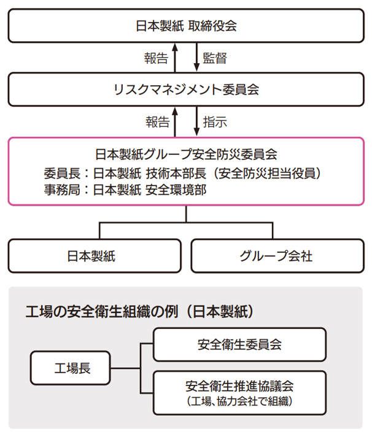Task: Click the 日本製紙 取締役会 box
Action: (186, 26)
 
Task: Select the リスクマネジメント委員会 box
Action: (186, 90)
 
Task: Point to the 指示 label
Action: (215, 122)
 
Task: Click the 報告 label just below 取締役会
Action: (157, 58)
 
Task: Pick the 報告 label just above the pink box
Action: (157, 122)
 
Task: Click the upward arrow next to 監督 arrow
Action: (175, 58)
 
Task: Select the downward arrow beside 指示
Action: (196, 122)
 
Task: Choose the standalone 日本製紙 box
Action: (95, 256)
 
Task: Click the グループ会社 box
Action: (276, 256)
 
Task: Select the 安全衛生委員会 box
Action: (239, 344)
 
